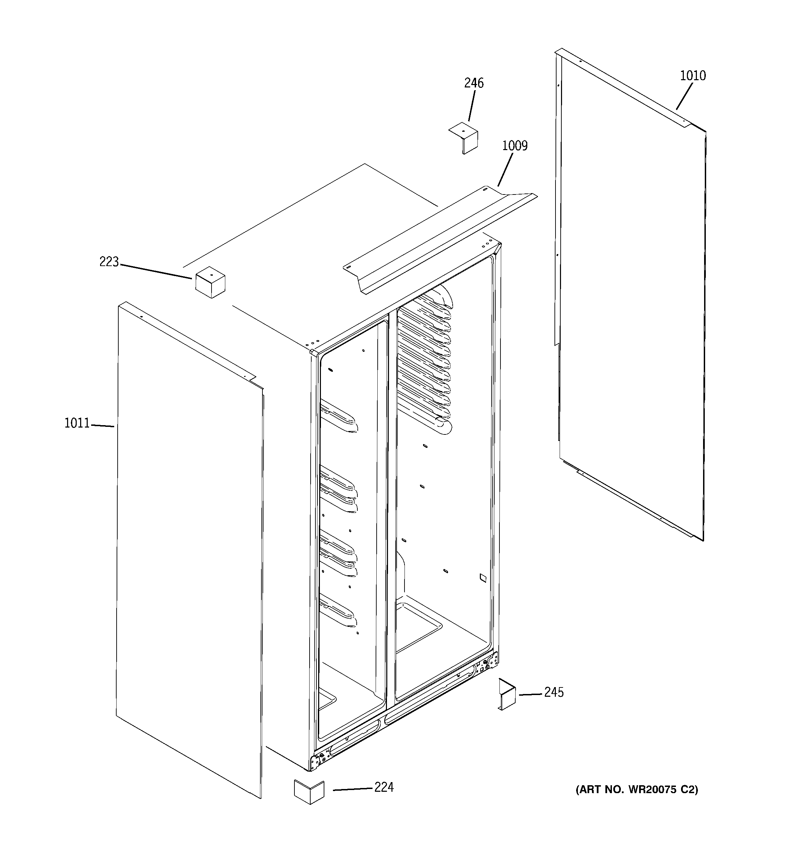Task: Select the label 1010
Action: pos(693,76)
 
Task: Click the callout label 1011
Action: pos(77,423)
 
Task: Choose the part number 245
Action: pos(553,692)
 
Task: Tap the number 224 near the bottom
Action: pos(384,787)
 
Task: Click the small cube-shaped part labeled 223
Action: pos(210,282)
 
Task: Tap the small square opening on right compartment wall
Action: pos(483,578)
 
